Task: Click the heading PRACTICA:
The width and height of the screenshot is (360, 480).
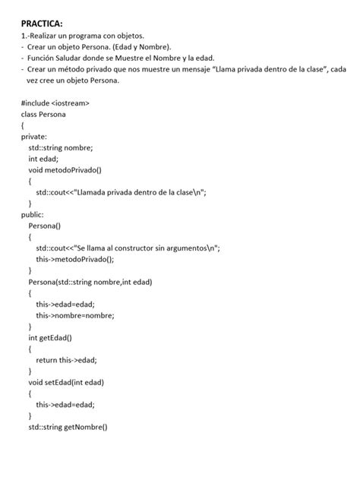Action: tap(43, 24)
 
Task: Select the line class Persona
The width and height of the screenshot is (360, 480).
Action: tap(43, 114)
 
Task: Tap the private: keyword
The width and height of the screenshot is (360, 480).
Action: tap(34, 137)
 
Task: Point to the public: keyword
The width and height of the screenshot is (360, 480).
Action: tap(33, 215)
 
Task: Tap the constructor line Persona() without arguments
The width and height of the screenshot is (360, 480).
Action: tap(44, 226)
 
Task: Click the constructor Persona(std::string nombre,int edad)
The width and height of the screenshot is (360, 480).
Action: tap(90, 282)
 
